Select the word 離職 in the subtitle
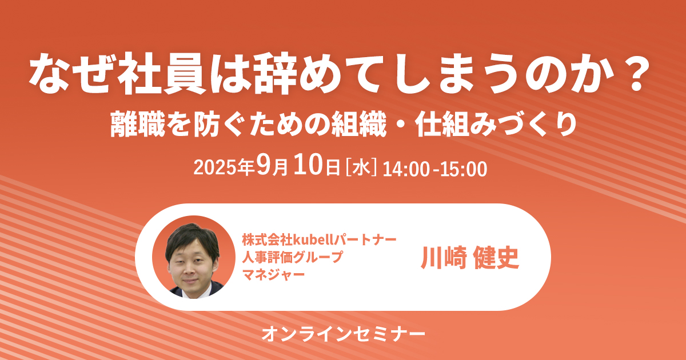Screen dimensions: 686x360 [x=138, y=123]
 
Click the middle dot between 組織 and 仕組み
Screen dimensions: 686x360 [x=401, y=125]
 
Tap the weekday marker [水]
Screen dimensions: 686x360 [x=361, y=169]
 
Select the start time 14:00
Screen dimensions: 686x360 [x=406, y=169]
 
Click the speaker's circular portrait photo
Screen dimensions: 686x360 [x=194, y=257]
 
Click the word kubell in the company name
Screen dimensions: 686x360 [x=313, y=239]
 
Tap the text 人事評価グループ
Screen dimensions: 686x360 [x=292, y=257]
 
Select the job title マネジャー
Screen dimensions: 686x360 [x=273, y=274]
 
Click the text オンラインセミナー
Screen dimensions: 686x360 [x=344, y=334]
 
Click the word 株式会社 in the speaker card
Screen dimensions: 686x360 [x=268, y=239]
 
